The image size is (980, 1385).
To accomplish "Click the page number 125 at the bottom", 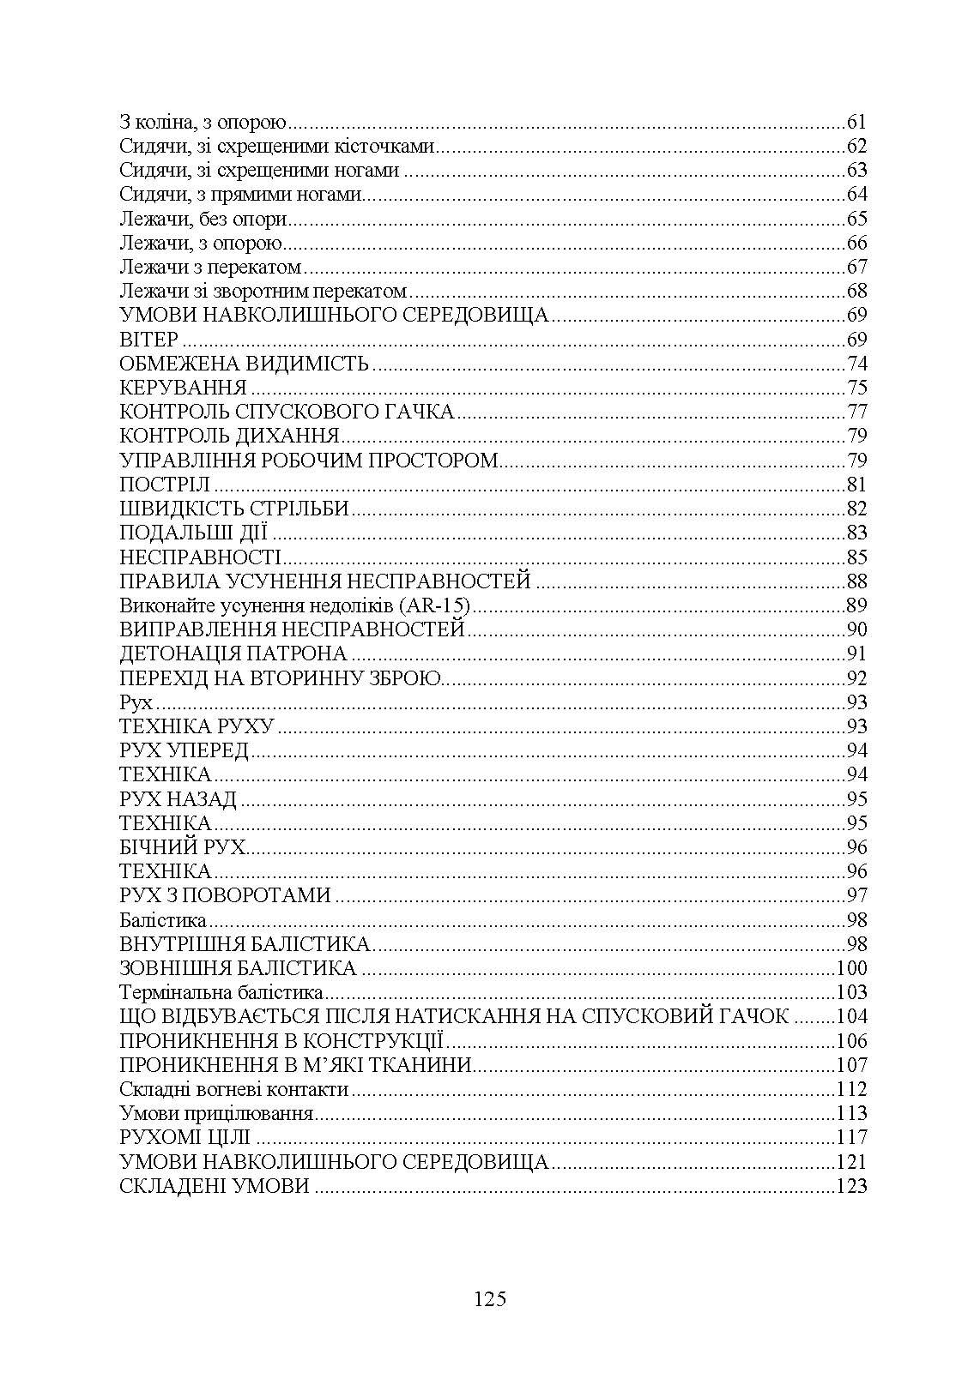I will pos(490,1298).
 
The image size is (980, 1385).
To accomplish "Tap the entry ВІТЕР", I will pos(148,339).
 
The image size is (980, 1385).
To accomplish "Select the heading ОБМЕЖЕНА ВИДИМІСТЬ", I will pos(245,363).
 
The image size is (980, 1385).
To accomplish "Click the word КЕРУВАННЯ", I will pos(184,387).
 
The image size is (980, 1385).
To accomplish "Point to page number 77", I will pos(856,411).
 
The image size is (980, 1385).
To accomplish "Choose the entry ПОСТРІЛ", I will pos(165,484).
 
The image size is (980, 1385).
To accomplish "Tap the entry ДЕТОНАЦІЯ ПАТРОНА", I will pos(233,653).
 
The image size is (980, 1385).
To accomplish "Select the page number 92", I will pos(856,677).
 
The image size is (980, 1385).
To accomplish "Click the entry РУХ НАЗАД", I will pos(178,799).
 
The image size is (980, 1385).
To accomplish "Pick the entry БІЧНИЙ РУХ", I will pos(183,847).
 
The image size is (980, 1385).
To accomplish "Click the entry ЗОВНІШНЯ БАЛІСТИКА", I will pos(239,968).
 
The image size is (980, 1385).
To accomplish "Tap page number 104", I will pos(852,1016).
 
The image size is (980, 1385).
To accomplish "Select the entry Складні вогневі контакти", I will pos(234,1089).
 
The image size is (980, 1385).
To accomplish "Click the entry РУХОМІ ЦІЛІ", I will pos(185,1138).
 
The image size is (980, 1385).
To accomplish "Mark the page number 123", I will pos(852,1186).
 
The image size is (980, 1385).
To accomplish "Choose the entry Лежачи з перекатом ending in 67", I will pos(211,266).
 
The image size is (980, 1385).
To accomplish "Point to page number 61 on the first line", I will pos(856,121).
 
